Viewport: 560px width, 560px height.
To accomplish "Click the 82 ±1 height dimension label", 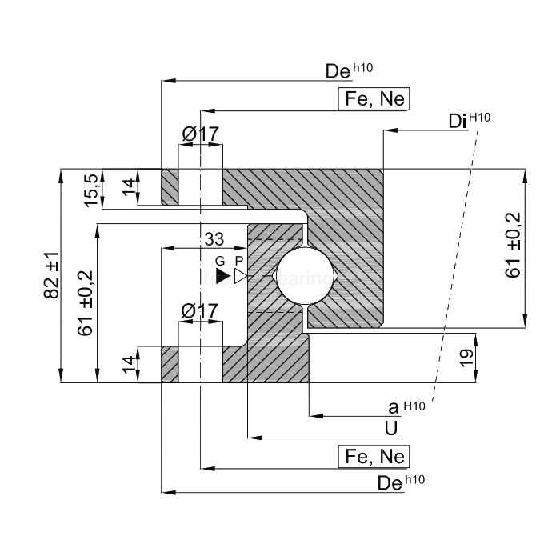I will tap(51, 275).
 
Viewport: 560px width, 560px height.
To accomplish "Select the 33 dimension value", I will tap(214, 238).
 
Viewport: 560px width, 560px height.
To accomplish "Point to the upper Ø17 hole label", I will tap(199, 134).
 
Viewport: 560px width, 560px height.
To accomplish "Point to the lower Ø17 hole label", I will tap(199, 310).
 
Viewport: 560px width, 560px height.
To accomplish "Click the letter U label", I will tap(391, 428).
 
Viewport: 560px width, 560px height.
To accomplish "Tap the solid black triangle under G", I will tap(222, 276).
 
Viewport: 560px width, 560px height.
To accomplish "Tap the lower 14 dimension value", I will tap(127, 364).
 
